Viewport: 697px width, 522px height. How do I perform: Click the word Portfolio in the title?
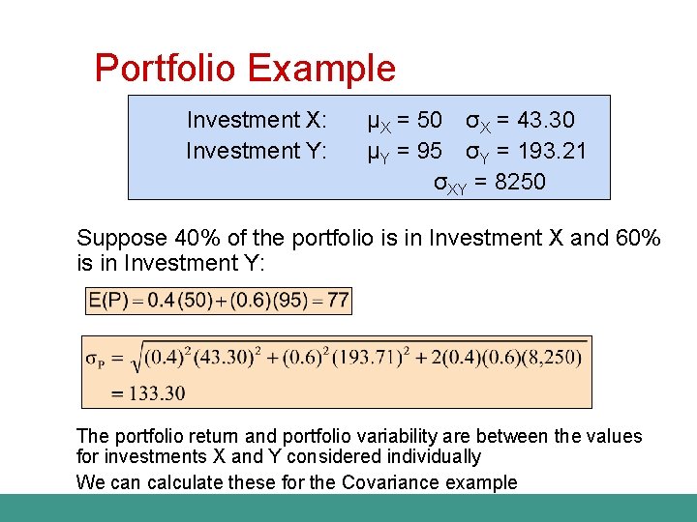tap(166, 70)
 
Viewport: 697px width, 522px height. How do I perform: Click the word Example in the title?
tap(321, 70)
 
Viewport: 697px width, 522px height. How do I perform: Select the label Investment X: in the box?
tap(257, 120)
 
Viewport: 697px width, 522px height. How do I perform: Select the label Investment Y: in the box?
tap(257, 151)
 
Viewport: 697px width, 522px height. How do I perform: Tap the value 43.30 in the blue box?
tap(546, 120)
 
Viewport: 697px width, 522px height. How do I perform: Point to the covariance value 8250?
tap(520, 182)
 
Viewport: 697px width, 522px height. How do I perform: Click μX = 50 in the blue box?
tap(405, 120)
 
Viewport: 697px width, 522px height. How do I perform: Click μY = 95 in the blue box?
tap(405, 151)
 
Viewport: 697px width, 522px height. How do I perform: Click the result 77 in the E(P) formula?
tap(338, 301)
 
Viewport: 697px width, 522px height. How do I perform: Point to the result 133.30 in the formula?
tap(151, 392)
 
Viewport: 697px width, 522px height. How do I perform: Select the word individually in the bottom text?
tap(433, 456)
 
